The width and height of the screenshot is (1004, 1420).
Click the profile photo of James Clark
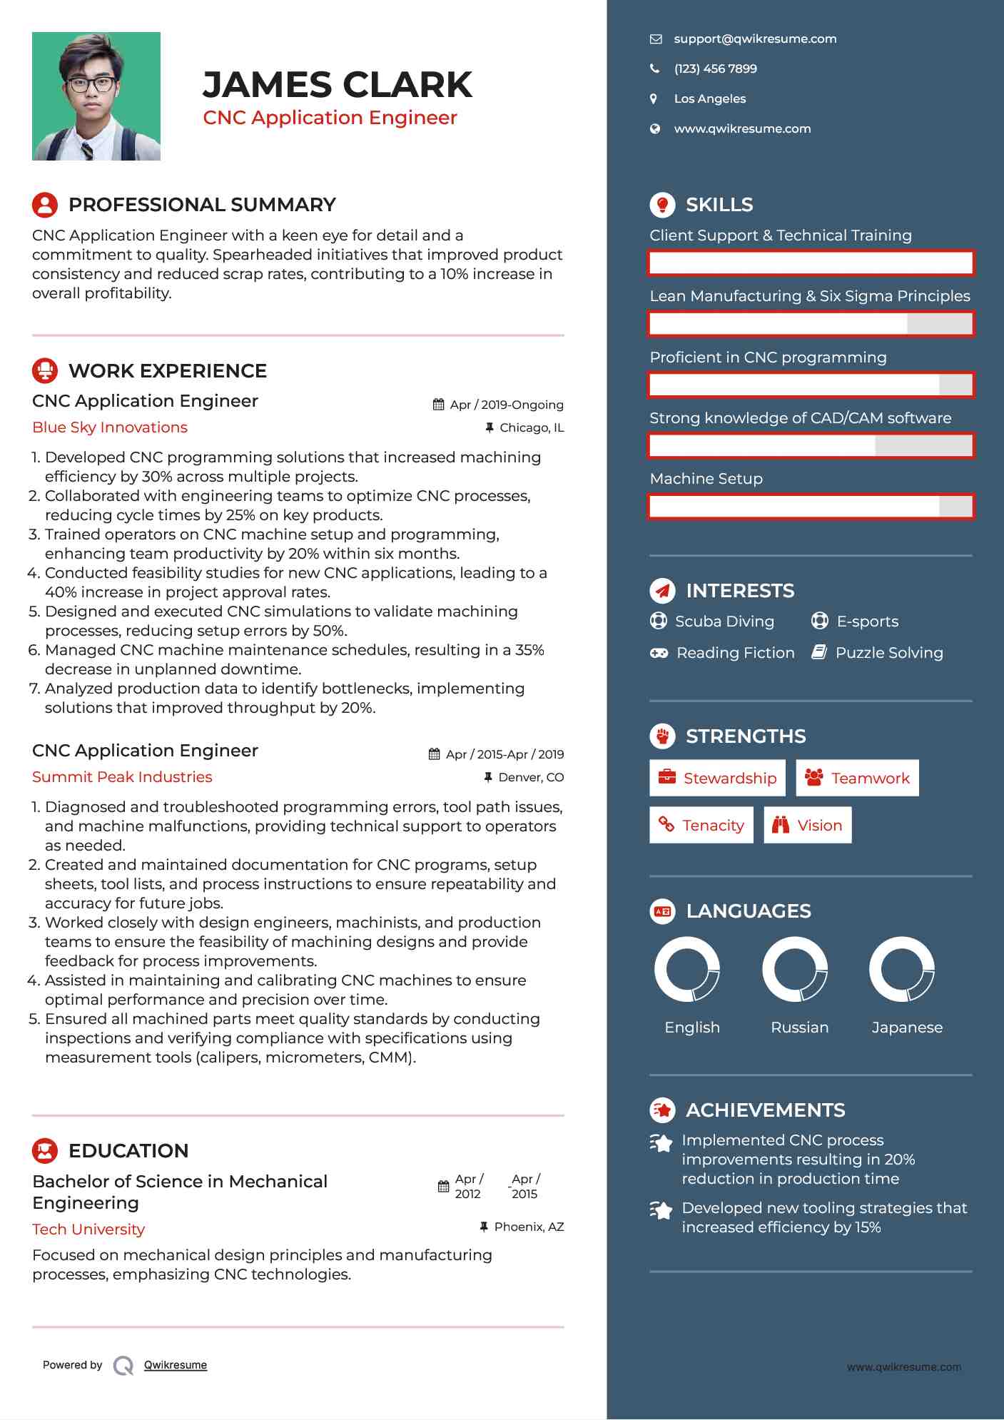(x=96, y=96)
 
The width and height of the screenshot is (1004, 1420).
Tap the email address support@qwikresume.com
(x=755, y=39)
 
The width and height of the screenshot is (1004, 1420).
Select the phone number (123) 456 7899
(x=715, y=69)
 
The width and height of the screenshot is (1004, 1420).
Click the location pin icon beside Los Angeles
(x=654, y=99)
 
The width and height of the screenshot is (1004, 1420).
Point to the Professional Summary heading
(x=201, y=205)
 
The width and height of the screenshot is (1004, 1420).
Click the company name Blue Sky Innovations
(x=110, y=427)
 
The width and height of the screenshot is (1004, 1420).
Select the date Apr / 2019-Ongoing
(x=506, y=405)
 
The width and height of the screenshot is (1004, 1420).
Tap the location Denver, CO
(x=530, y=777)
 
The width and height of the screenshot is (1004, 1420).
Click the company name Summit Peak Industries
(x=122, y=777)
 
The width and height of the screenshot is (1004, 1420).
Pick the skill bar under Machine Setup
(x=811, y=507)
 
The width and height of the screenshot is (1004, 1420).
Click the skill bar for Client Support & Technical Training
(x=811, y=263)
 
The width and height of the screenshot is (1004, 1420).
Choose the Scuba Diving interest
(x=724, y=622)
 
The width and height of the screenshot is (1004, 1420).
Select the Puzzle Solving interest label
(x=888, y=653)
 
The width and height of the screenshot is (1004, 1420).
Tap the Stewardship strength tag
(x=717, y=778)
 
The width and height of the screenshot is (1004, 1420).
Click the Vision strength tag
(x=808, y=826)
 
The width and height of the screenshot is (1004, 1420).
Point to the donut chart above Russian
(x=795, y=970)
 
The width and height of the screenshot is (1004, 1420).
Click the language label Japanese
(x=907, y=1028)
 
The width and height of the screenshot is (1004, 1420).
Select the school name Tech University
(x=88, y=1229)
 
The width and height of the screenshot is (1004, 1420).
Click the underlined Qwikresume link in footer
(x=176, y=1365)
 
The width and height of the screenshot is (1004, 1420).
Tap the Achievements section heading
(x=765, y=1110)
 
